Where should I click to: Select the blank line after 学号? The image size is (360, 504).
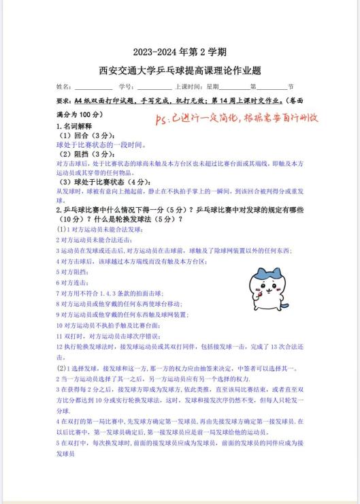tap(154, 87)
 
